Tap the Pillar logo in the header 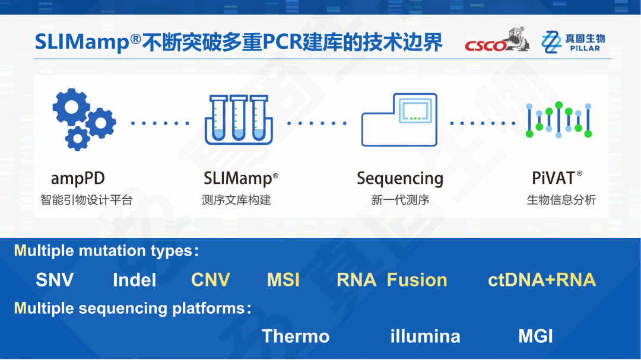[573, 42]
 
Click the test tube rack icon [239, 120]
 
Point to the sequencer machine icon [399, 120]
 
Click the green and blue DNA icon [560, 120]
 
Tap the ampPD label [78, 178]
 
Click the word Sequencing [399, 179]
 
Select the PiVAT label [557, 177]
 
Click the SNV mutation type [55, 280]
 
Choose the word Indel [134, 280]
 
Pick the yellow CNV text [210, 280]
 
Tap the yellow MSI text [283, 280]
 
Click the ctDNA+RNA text [541, 280]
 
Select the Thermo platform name [296, 336]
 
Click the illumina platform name [425, 336]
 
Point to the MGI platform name [535, 336]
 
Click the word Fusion [417, 280]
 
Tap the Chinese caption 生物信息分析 [561, 200]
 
